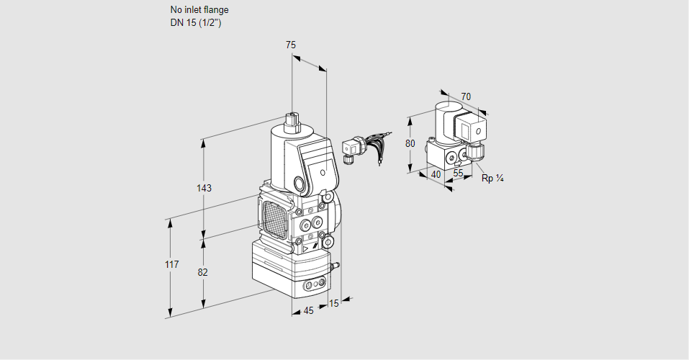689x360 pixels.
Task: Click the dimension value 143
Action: click(x=204, y=189)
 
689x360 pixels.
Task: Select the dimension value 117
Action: click(x=171, y=265)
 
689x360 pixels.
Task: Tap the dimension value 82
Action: click(x=203, y=272)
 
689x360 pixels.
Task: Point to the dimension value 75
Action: click(x=291, y=45)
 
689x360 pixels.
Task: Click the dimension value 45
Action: click(x=308, y=311)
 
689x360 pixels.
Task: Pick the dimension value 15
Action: click(x=333, y=304)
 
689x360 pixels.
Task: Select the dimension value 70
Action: click(x=466, y=96)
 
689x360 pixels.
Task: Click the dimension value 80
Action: click(x=410, y=143)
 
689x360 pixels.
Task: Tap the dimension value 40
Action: click(x=436, y=174)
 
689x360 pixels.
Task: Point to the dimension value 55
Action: click(x=459, y=174)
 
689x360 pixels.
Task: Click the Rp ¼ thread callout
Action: click(x=492, y=179)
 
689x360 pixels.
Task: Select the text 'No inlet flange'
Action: click(x=199, y=10)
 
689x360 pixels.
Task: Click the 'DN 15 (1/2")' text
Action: click(x=195, y=22)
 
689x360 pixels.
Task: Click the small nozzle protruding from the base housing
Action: click(x=333, y=267)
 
